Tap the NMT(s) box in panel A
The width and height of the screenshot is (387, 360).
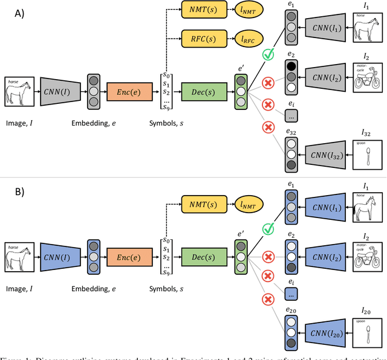(200, 9)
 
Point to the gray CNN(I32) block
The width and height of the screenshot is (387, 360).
(327, 154)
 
